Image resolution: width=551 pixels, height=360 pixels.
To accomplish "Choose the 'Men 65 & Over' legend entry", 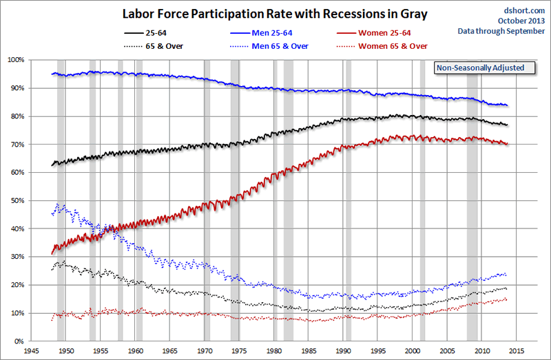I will [278, 45].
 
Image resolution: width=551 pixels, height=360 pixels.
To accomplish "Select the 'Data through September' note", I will [501, 31].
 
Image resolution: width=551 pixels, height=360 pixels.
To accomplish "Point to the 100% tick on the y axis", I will [15, 60].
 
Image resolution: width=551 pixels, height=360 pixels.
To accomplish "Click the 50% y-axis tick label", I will [17, 200].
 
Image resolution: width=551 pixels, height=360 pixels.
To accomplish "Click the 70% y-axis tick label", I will [17, 145].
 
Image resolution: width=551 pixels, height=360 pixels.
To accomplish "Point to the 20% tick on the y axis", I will [17, 285].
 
